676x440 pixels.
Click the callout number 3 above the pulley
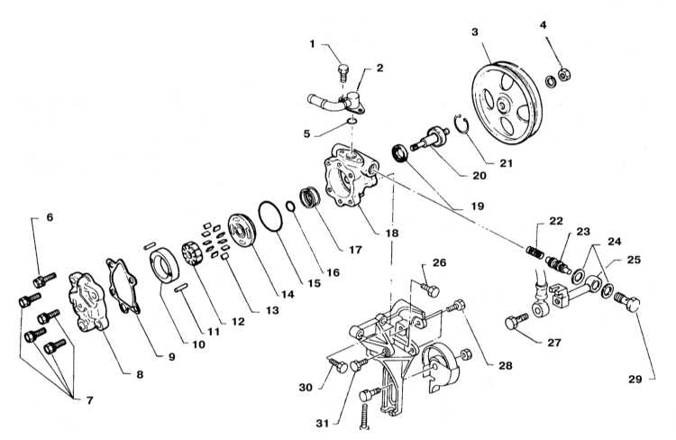point(475,32)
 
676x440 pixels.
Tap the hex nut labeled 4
point(564,75)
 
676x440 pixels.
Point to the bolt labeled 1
point(343,73)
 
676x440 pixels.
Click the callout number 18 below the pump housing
point(392,233)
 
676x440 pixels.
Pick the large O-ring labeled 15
point(270,216)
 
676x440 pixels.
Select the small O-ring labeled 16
point(291,206)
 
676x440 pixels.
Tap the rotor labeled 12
point(192,254)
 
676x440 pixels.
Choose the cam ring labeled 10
point(164,268)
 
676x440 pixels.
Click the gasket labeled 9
point(123,285)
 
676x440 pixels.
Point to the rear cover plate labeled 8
point(88,302)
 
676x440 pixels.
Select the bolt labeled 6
point(44,280)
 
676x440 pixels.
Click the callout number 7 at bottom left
point(89,400)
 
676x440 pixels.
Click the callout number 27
point(554,343)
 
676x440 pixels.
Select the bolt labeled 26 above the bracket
point(429,289)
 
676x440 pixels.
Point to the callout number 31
point(322,424)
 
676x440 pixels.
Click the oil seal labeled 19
point(400,153)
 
